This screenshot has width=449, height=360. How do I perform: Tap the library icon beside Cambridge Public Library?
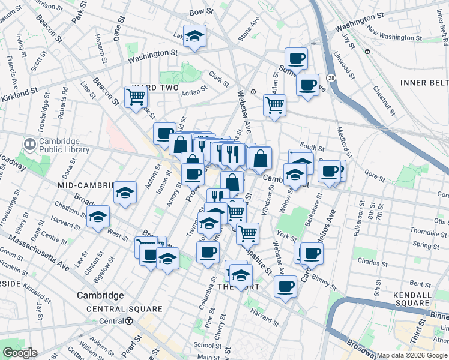click(29, 145)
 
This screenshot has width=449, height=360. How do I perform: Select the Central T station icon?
click(129, 321)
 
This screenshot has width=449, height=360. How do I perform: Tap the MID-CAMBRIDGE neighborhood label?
click(82, 185)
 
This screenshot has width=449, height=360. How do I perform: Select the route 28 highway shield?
click(331, 77)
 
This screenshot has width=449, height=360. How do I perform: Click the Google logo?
click(20, 353)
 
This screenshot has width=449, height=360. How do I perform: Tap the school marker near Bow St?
click(194, 37)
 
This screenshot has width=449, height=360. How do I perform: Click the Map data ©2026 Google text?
click(412, 355)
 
